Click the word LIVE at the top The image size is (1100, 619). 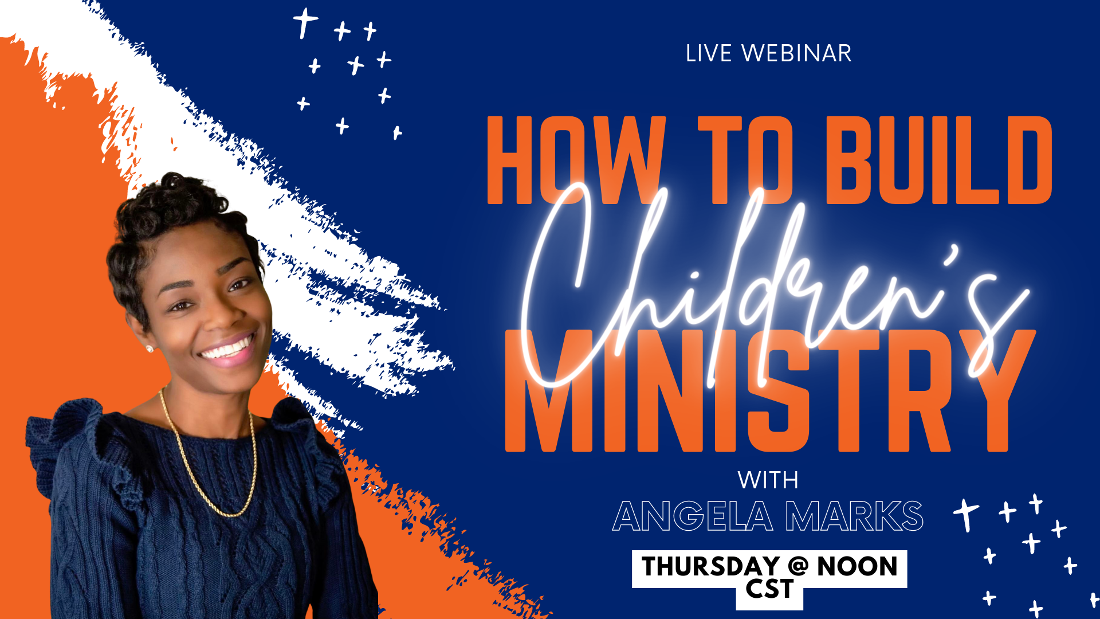click(709, 53)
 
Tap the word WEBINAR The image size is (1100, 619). click(796, 53)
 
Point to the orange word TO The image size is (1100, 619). click(745, 160)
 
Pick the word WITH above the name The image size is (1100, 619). click(768, 480)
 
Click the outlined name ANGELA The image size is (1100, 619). click(693, 516)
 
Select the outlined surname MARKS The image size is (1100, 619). click(854, 516)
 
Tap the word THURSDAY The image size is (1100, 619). click(710, 567)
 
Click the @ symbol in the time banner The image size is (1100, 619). click(798, 566)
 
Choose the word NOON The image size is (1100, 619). click(857, 567)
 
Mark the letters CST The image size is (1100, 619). click(769, 589)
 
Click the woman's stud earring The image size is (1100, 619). click(150, 348)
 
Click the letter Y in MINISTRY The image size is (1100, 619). click(997, 390)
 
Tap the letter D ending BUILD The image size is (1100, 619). click(1026, 160)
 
